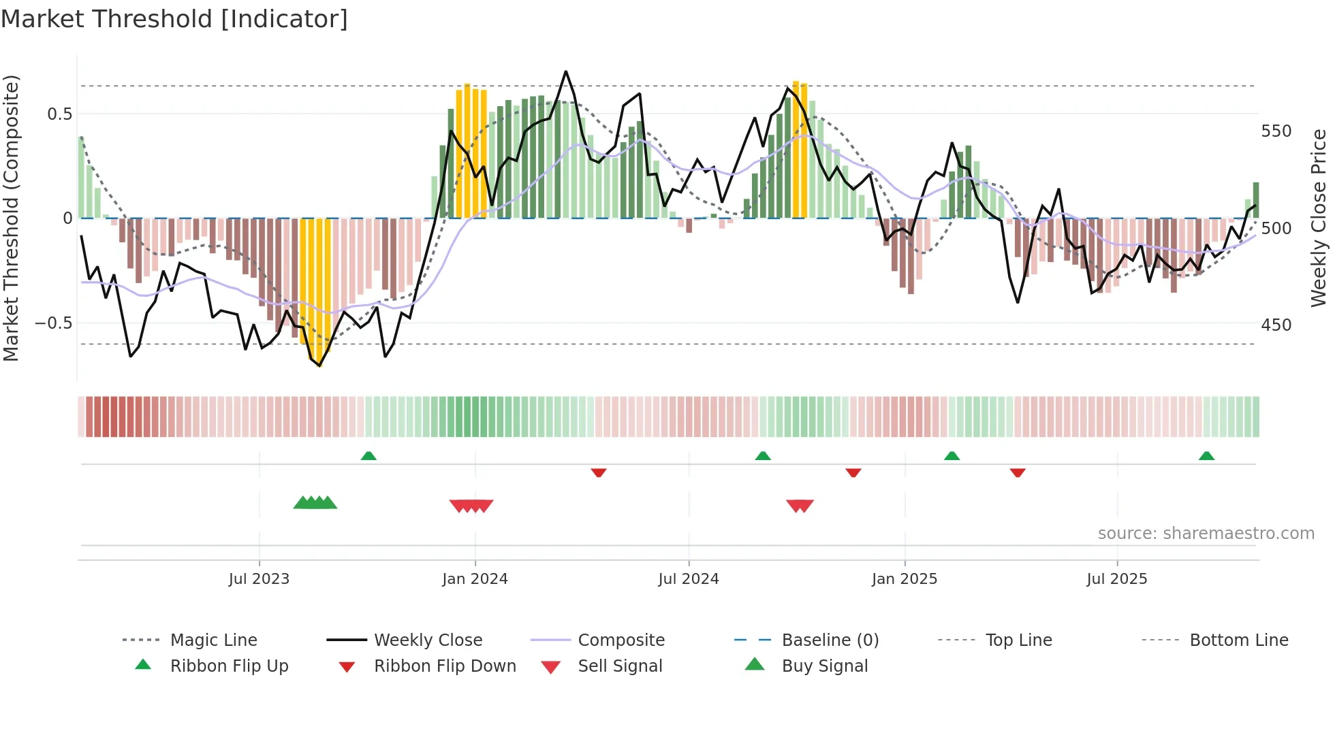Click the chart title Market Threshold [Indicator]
[174, 19]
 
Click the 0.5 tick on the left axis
[59, 114]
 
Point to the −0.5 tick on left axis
[54, 323]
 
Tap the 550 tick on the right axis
[1276, 131]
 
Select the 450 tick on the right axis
[1276, 325]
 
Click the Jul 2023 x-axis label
[259, 579]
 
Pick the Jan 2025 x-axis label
[905, 579]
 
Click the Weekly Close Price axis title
[1319, 218]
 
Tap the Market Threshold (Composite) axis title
[11, 218]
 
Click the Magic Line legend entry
[213, 640]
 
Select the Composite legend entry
[621, 640]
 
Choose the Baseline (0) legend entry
[830, 640]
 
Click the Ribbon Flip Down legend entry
[445, 666]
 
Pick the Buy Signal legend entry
[824, 666]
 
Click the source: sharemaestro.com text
[1206, 534]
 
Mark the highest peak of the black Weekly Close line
[566, 71]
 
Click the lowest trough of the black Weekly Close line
[319, 365]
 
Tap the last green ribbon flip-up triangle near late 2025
[1206, 456]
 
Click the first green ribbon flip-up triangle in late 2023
[368, 456]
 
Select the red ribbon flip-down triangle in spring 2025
[1018, 472]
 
